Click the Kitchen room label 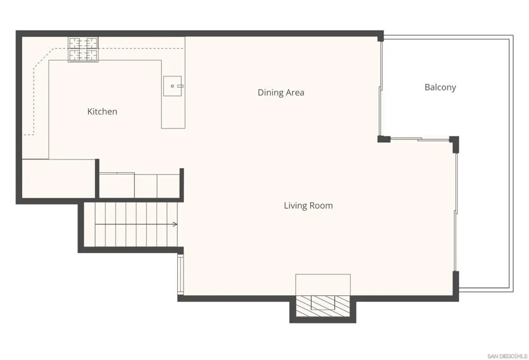coord(102,112)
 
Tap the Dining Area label coord(281,93)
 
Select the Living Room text coord(308,206)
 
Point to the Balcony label coord(440,87)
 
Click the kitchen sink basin coord(172,86)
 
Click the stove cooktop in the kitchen coord(84,49)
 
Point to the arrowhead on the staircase coord(175,224)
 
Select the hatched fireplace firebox coord(323,306)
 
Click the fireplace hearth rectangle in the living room coord(323,285)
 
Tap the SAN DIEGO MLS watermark coord(507,356)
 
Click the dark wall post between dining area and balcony coord(384,139)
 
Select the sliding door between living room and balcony coord(419,139)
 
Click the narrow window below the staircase coord(180,275)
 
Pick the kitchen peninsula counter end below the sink coord(173,112)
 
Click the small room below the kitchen coord(58,179)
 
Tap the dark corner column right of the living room coord(454,143)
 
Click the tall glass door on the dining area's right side coord(380,88)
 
